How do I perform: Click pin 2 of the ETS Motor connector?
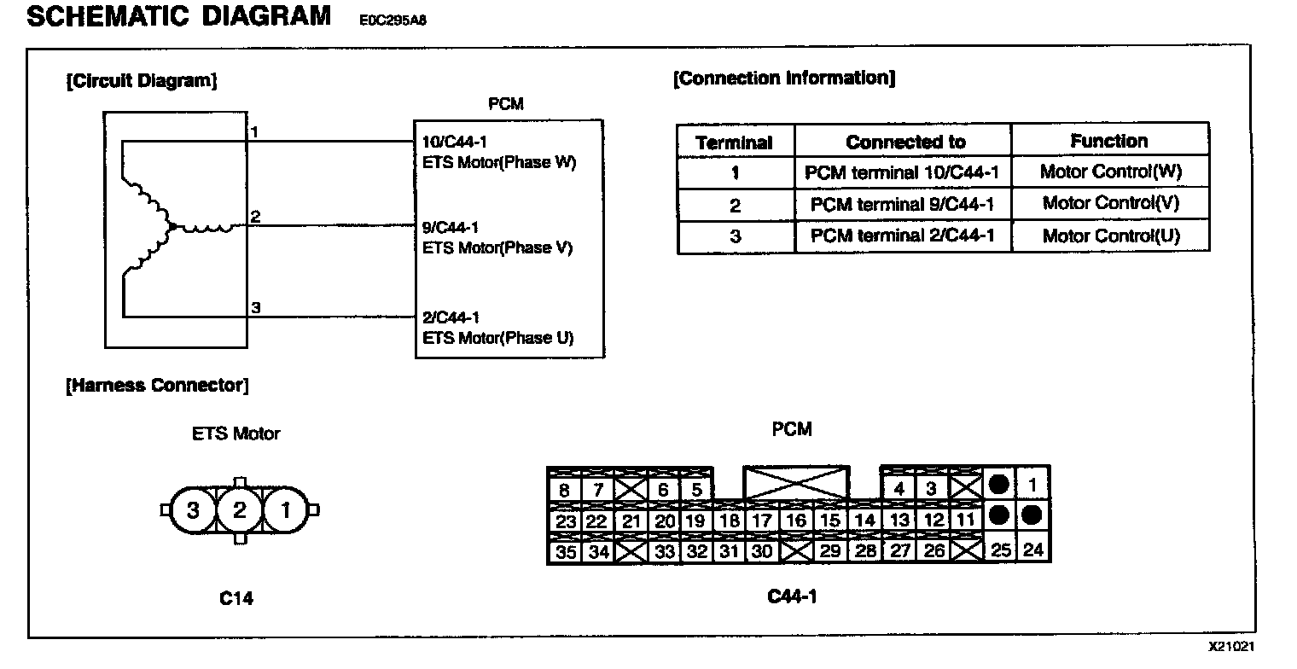pyautogui.click(x=239, y=510)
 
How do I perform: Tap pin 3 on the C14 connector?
pyautogui.click(x=193, y=510)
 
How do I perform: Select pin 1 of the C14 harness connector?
pyautogui.click(x=285, y=510)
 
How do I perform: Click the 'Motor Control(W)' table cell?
pyautogui.click(x=1110, y=172)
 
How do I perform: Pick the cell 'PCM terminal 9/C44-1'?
pyautogui.click(x=903, y=204)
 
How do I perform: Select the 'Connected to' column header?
pyautogui.click(x=905, y=142)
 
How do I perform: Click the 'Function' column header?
pyautogui.click(x=1108, y=141)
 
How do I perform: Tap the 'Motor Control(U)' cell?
pyautogui.click(x=1110, y=236)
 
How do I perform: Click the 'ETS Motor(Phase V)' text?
pyautogui.click(x=497, y=248)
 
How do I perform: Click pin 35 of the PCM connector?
pyautogui.click(x=566, y=552)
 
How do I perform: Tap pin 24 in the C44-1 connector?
pyautogui.click(x=1032, y=550)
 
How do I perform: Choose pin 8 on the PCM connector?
pyautogui.click(x=564, y=490)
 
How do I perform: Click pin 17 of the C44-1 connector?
pyautogui.click(x=761, y=521)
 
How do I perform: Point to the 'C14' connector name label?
pyautogui.click(x=236, y=599)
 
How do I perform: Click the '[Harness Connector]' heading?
pyautogui.click(x=158, y=386)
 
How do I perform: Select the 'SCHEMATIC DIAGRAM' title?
pyautogui.click(x=179, y=16)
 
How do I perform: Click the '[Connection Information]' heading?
pyautogui.click(x=784, y=79)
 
